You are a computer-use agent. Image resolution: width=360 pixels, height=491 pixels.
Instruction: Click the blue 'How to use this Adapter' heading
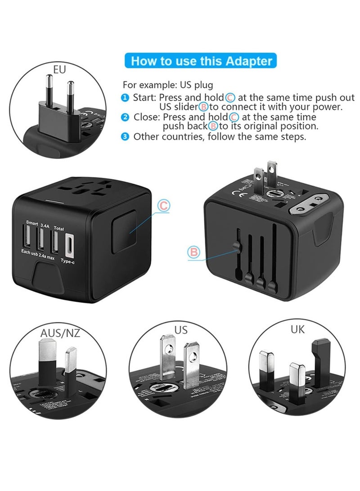point(201,61)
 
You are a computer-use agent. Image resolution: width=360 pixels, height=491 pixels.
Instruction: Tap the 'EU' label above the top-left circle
point(59,70)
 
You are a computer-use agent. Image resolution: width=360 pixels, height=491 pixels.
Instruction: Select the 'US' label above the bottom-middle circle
point(181,330)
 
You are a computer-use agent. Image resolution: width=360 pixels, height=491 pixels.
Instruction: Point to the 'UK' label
point(297,329)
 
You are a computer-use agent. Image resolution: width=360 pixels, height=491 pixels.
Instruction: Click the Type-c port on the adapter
point(70,244)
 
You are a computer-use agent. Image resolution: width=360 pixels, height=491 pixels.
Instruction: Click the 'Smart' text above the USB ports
point(32,222)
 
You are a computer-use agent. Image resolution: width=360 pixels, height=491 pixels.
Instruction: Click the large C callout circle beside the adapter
point(164,206)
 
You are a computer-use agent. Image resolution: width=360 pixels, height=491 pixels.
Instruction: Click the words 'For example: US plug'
point(162,84)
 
